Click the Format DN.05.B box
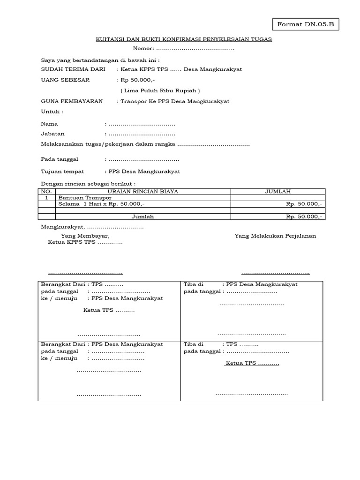coord(305,24)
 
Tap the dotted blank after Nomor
coord(195,48)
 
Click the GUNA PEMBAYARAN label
coord(72,101)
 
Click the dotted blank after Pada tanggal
coord(143,159)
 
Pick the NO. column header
coord(46,192)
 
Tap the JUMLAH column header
coord(278,192)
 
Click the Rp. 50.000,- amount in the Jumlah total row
coord(304,217)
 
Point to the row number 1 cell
coord(46,198)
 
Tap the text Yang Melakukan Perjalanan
coord(275,236)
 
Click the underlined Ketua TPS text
coord(252,364)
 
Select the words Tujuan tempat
coord(62,172)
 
